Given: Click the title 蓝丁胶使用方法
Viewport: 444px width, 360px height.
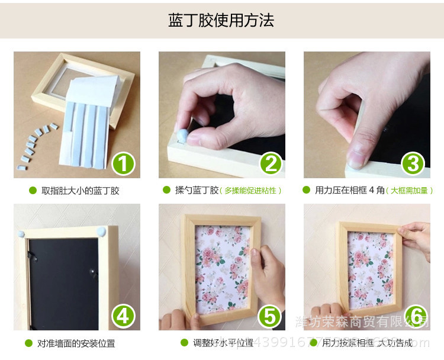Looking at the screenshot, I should point(221,21).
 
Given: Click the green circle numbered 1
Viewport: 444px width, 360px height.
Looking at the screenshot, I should point(123,163).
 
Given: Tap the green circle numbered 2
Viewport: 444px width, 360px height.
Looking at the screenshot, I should point(270,163).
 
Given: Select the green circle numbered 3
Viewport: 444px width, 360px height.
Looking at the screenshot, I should point(414,163).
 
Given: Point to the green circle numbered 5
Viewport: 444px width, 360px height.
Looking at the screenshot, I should point(270,316).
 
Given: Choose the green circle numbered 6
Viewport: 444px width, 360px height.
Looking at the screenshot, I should point(416,316).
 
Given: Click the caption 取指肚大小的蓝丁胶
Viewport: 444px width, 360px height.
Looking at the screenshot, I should point(81,191).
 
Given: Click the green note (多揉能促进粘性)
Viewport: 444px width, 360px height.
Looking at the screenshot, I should point(250,191).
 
